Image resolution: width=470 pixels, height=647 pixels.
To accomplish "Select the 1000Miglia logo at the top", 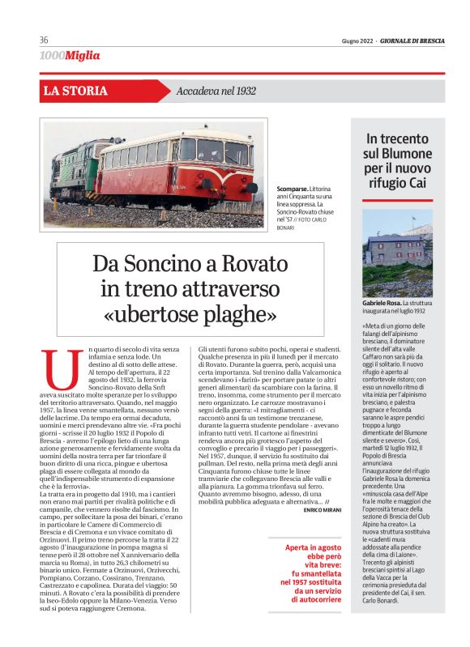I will pyautogui.click(x=70, y=55).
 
